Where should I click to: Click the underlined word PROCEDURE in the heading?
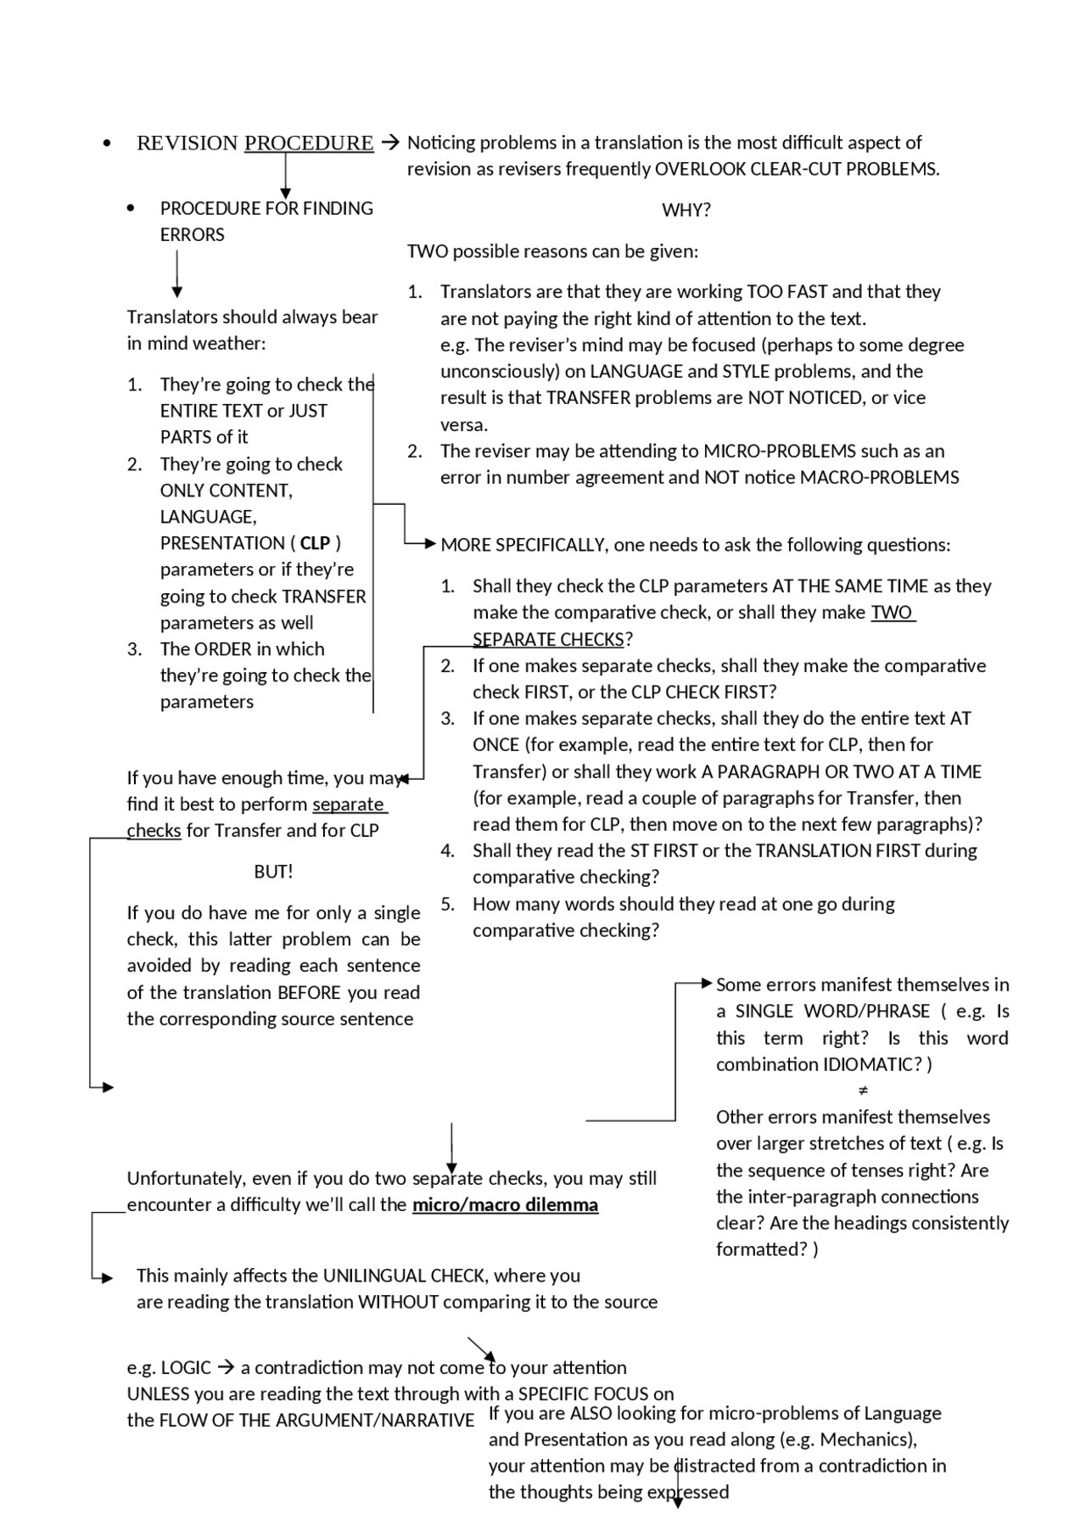coord(309,143)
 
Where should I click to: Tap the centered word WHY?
coord(686,210)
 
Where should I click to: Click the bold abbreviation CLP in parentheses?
coord(315,543)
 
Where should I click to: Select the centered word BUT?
coord(273,872)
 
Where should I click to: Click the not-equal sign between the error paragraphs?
coord(863,1091)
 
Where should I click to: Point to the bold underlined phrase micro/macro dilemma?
coord(505,1205)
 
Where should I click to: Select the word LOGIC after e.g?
coord(186,1368)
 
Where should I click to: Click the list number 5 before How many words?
coord(446,904)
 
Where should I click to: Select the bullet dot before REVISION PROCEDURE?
coord(106,143)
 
